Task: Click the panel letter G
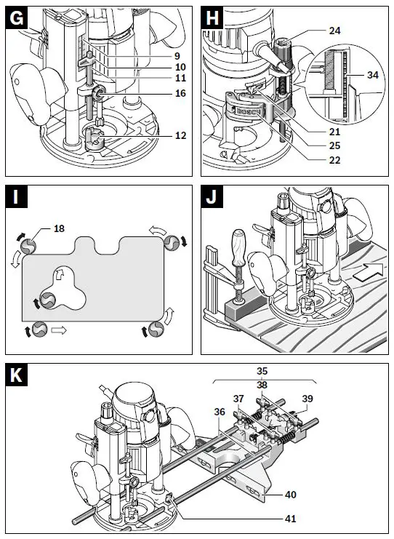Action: tap(16, 18)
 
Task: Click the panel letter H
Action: tap(212, 18)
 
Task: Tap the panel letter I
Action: tap(15, 197)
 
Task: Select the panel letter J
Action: tap(212, 198)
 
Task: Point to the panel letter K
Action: tap(17, 375)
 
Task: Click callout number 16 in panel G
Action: tap(180, 93)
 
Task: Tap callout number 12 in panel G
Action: tap(180, 135)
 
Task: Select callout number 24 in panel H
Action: tap(334, 31)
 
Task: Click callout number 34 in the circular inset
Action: tap(372, 75)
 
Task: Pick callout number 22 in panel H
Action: tap(334, 160)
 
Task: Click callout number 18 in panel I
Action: tap(59, 228)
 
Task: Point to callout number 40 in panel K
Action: tap(290, 495)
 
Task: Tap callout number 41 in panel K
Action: tap(290, 519)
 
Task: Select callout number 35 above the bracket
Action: tap(262, 371)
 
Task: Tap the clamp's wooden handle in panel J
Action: tap(238, 247)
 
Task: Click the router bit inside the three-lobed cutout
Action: tap(48, 300)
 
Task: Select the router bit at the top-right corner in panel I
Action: tap(172, 243)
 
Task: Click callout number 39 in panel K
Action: tap(307, 399)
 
